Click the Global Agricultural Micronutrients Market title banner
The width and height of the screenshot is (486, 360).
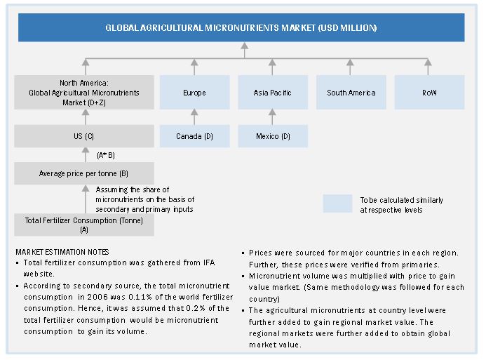coord(241,27)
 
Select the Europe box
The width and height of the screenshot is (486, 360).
coord(194,93)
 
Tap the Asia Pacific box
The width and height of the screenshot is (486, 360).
coord(272,93)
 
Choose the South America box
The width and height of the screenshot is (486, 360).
coord(351,93)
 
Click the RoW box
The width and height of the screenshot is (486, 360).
coord(429,93)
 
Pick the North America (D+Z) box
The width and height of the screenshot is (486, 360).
coord(84,93)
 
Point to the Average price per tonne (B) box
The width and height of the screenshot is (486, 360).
coord(84,173)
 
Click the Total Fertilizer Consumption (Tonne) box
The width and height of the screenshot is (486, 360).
coord(84,225)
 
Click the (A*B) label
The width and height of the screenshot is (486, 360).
coord(107,155)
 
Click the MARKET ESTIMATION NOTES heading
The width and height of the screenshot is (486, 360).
coord(62,252)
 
